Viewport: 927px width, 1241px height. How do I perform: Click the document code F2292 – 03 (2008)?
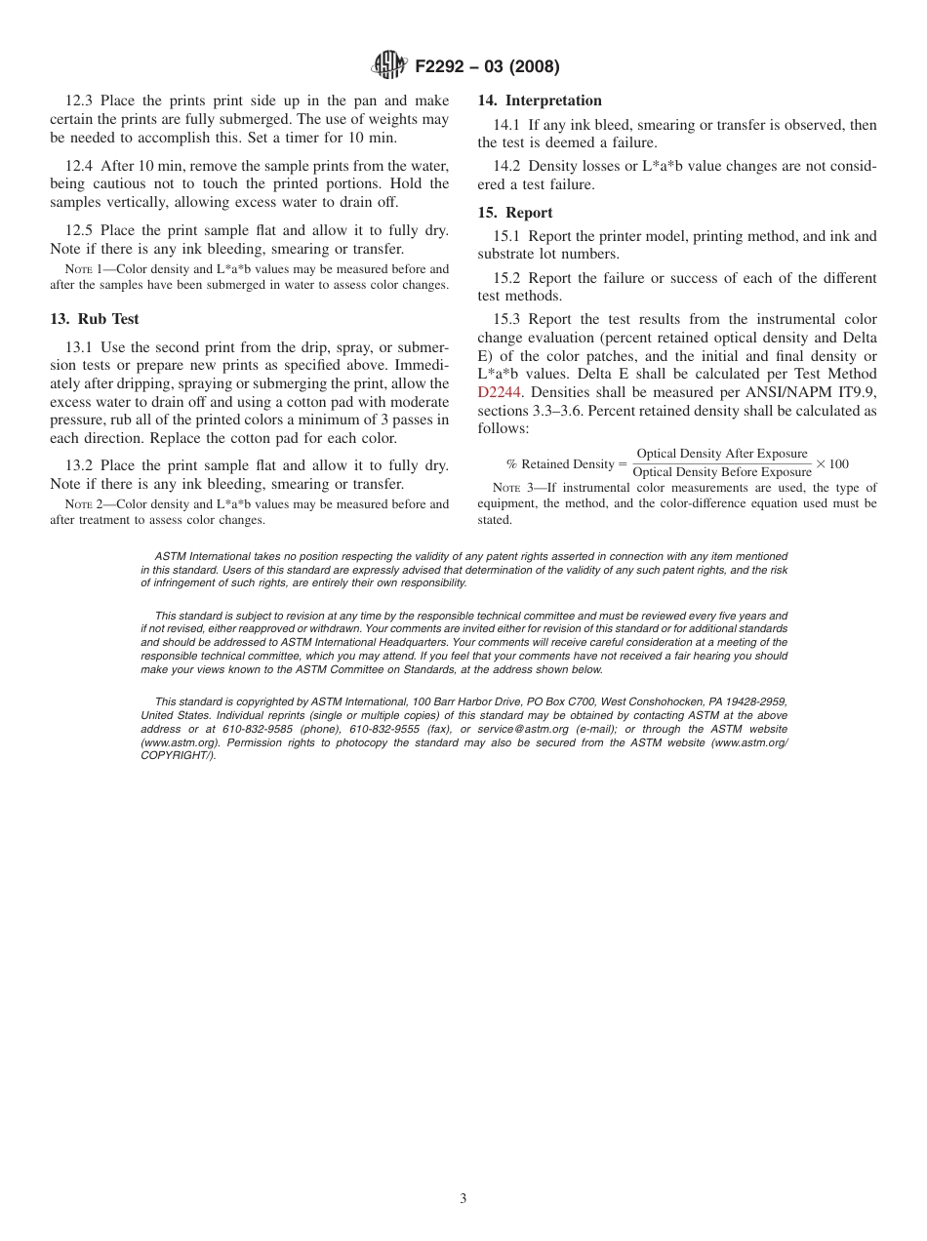487,67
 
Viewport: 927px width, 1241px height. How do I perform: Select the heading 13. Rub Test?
95,319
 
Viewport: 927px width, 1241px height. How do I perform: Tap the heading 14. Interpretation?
540,100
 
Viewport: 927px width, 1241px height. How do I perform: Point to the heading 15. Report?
515,213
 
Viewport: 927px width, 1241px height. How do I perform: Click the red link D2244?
499,393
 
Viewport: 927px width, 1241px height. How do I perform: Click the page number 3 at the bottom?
463,1199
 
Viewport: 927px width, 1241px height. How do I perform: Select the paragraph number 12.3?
81,100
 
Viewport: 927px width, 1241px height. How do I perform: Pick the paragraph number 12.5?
81,230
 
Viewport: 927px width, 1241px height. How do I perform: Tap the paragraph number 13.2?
81,465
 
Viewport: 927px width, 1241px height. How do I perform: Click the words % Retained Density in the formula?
560,464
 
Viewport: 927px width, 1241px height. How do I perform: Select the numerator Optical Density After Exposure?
722,454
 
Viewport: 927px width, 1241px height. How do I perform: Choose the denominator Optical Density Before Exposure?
722,473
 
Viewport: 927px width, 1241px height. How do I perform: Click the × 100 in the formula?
832,463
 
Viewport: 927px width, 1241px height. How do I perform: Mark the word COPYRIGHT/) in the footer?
179,755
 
